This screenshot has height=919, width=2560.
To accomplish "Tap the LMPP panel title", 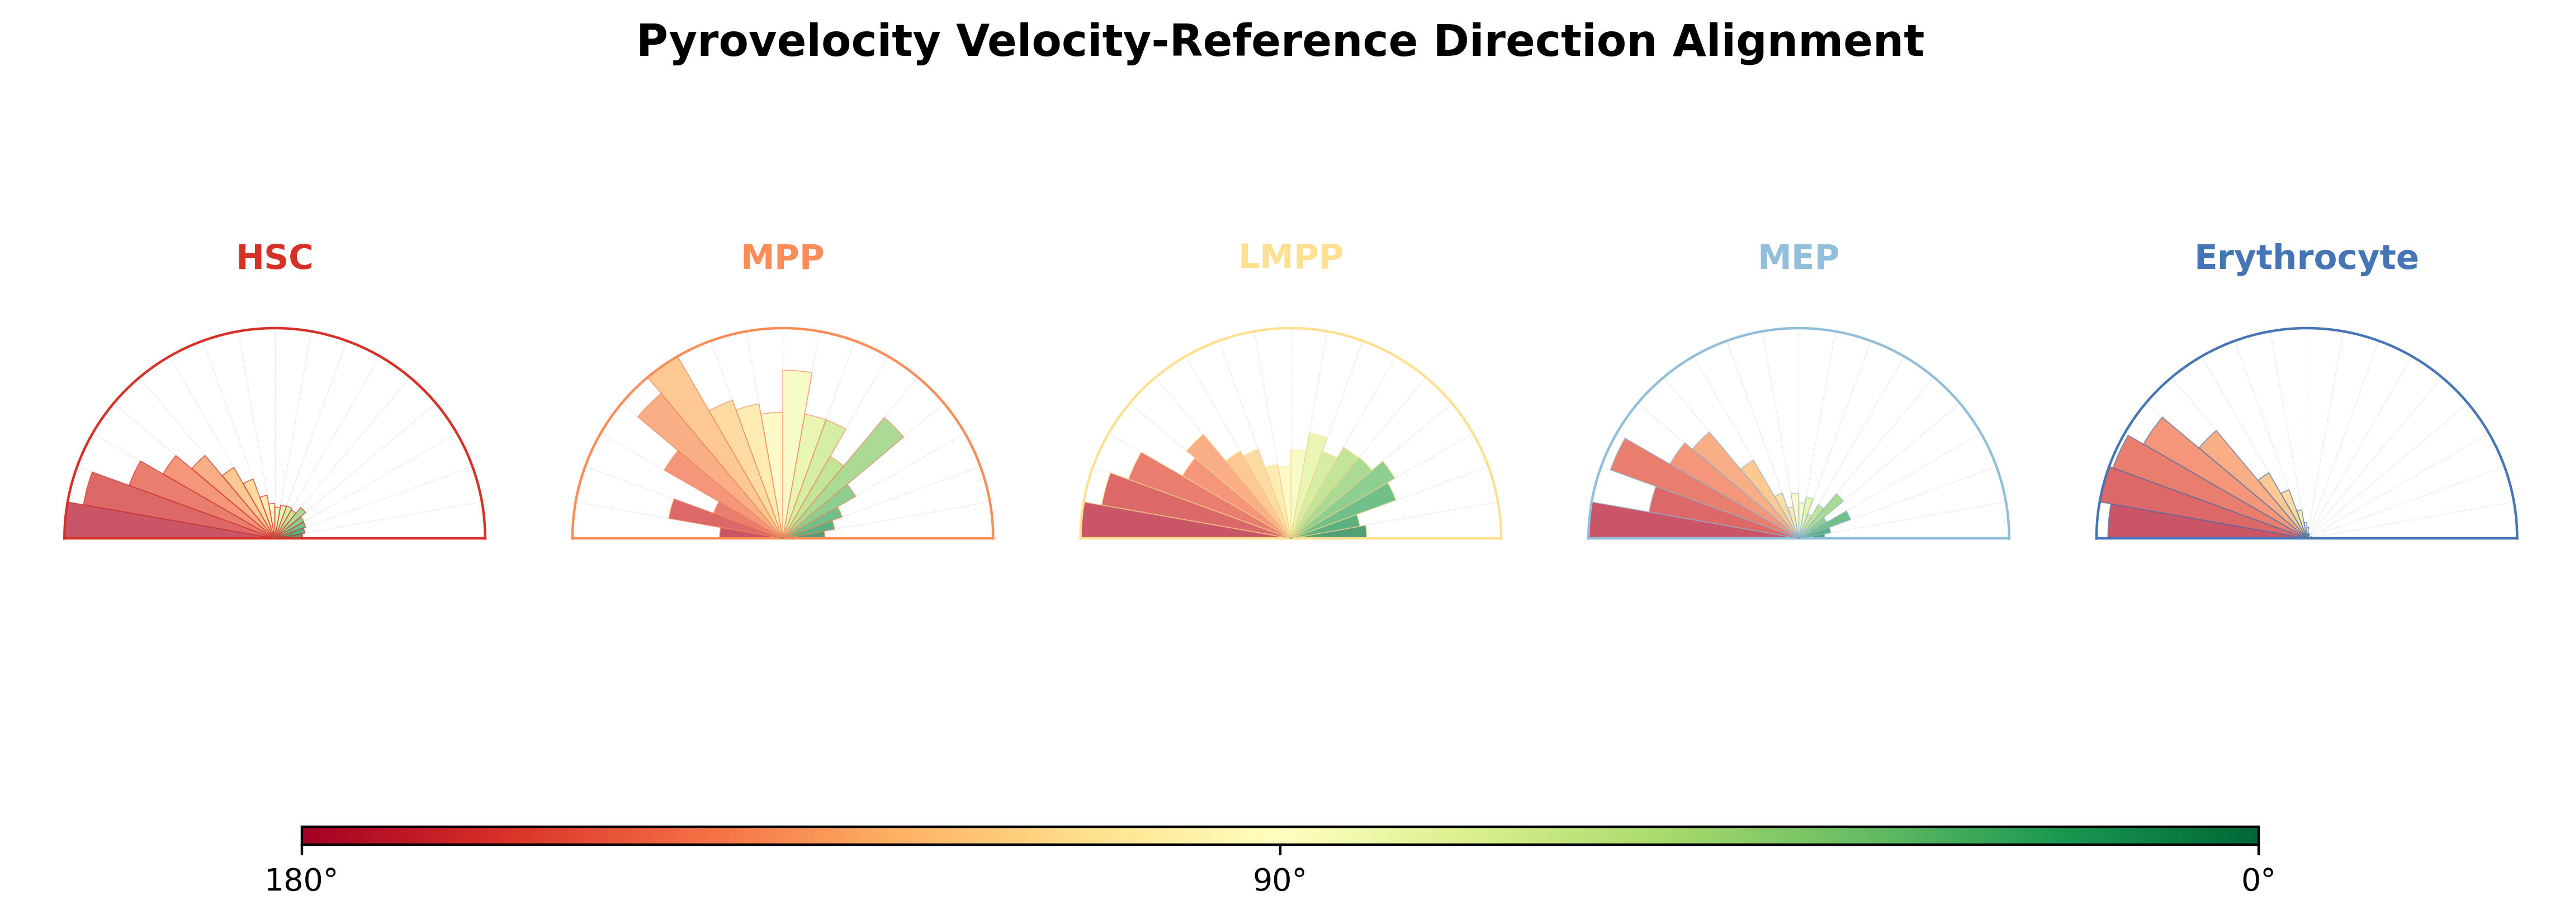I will pos(1290,257).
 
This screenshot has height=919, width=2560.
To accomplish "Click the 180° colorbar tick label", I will pos(301,881).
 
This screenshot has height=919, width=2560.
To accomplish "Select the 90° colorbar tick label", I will pos(1279,881).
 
